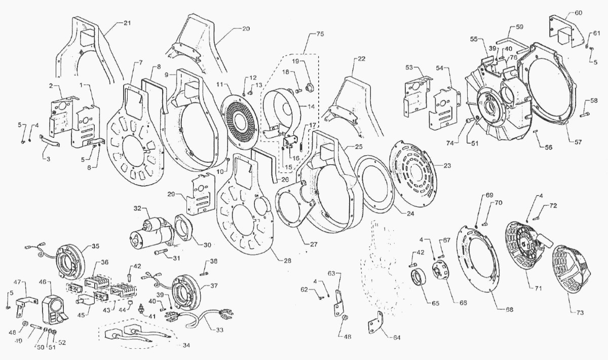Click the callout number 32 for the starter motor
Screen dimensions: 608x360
(138, 209)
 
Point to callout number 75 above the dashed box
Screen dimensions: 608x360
(320, 34)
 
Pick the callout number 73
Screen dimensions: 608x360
(580, 313)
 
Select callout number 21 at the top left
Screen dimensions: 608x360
(127, 23)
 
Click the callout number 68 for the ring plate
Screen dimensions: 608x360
(509, 309)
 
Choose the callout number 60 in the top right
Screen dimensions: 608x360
(578, 13)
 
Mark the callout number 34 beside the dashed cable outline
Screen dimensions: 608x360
(186, 345)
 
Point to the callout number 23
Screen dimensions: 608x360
(447, 165)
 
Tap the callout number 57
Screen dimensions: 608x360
(578, 142)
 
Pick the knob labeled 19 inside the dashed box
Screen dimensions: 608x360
(309, 88)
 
